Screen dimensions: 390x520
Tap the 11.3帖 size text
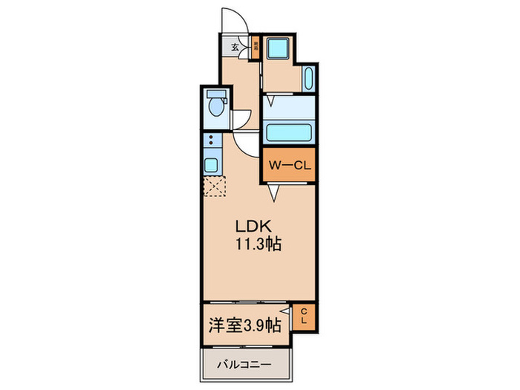pyautogui.click(x=258, y=244)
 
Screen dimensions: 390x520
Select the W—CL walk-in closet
pyautogui.click(x=288, y=165)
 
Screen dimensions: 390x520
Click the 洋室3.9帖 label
pyautogui.click(x=243, y=324)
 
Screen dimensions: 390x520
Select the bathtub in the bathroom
pyautogui.click(x=288, y=134)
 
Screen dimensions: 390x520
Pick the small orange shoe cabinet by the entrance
pyautogui.click(x=254, y=46)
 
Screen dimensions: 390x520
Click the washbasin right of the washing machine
pyautogui.click(x=309, y=79)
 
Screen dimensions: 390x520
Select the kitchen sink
pyautogui.click(x=210, y=164)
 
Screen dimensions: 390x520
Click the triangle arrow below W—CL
pyautogui.click(x=273, y=194)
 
